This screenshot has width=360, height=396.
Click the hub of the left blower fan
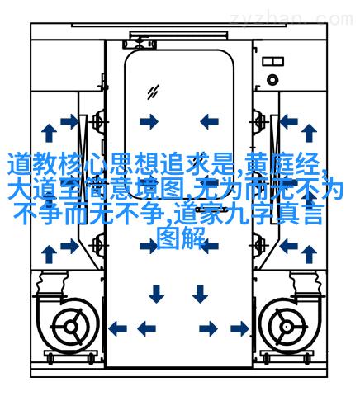[x=71, y=327]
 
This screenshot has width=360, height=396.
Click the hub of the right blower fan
[x=287, y=327]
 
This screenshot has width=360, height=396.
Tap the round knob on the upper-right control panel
[x=272, y=80]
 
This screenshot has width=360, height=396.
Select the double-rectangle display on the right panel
[x=272, y=61]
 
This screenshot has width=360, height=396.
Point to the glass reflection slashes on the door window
[x=153, y=92]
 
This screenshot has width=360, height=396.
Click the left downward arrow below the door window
[x=156, y=294]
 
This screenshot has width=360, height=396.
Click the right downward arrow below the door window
[x=200, y=294]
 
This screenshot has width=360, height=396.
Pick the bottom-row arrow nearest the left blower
[x=117, y=328]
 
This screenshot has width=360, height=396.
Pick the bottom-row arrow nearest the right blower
[x=239, y=328]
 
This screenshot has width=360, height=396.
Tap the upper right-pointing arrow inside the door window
[x=149, y=121]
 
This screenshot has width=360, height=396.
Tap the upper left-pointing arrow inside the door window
[x=209, y=121]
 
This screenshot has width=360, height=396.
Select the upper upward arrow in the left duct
[x=50, y=133]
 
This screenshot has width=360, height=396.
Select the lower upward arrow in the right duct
[x=309, y=254]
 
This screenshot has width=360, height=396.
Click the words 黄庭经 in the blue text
[x=282, y=164]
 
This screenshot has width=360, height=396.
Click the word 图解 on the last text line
[x=181, y=238]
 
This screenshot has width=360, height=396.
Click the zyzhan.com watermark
[x=291, y=19]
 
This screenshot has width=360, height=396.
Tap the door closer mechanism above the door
[x=140, y=45]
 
